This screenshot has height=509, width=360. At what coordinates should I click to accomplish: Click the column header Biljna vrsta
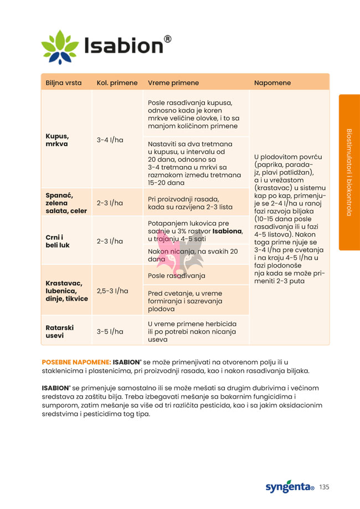(64, 83)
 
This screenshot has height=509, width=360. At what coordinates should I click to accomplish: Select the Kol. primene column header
(117, 83)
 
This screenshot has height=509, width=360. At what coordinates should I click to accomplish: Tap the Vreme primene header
(173, 83)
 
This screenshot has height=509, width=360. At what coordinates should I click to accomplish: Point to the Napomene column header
(272, 83)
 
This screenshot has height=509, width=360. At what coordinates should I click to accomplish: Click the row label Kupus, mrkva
(57, 140)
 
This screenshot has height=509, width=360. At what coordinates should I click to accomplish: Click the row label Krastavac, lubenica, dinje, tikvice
(66, 291)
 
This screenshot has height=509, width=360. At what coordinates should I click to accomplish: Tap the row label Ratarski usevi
(59, 331)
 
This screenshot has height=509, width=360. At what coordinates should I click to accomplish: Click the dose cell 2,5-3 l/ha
(112, 291)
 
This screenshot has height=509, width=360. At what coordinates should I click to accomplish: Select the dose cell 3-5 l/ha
(110, 331)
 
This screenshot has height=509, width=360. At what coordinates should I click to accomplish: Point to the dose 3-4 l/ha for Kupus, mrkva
(110, 140)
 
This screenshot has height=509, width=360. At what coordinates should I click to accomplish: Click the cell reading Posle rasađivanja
(177, 275)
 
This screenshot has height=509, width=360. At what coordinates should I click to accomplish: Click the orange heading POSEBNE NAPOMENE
(76, 362)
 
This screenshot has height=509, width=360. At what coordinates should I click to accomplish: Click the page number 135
(324, 487)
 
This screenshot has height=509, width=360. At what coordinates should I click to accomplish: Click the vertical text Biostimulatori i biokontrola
(349, 172)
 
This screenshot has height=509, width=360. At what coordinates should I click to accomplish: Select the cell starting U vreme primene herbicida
(192, 331)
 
